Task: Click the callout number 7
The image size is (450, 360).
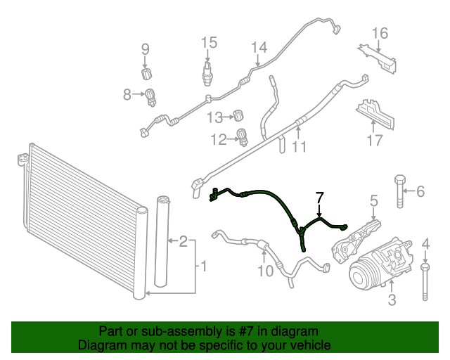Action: (x=319, y=197)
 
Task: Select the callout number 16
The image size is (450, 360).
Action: (x=380, y=33)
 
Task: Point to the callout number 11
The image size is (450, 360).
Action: (x=300, y=147)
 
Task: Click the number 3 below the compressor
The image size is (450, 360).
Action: (x=392, y=301)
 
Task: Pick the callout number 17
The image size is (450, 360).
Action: (x=373, y=141)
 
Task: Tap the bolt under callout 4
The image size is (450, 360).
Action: (x=425, y=281)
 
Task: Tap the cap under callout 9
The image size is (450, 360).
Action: (x=146, y=74)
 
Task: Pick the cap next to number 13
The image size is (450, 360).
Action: (x=239, y=115)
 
